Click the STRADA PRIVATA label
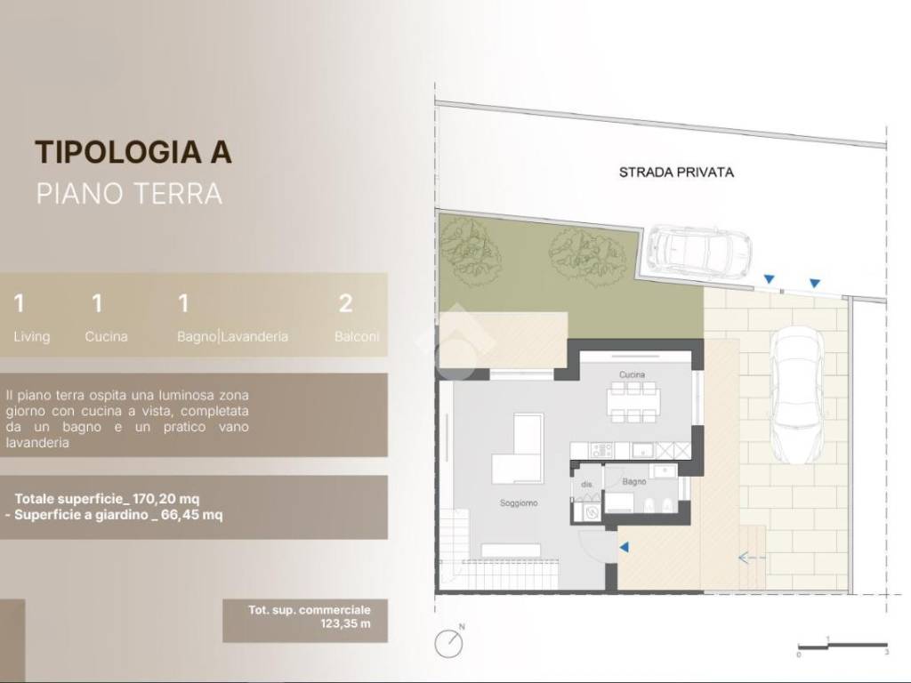[676, 173]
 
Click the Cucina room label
[632, 374]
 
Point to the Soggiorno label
[519, 503]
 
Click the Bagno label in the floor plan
[634, 481]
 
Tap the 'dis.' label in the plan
[586, 485]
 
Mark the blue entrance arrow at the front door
[624, 548]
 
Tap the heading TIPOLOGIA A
[133, 152]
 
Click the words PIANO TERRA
[129, 193]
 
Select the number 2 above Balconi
[346, 304]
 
